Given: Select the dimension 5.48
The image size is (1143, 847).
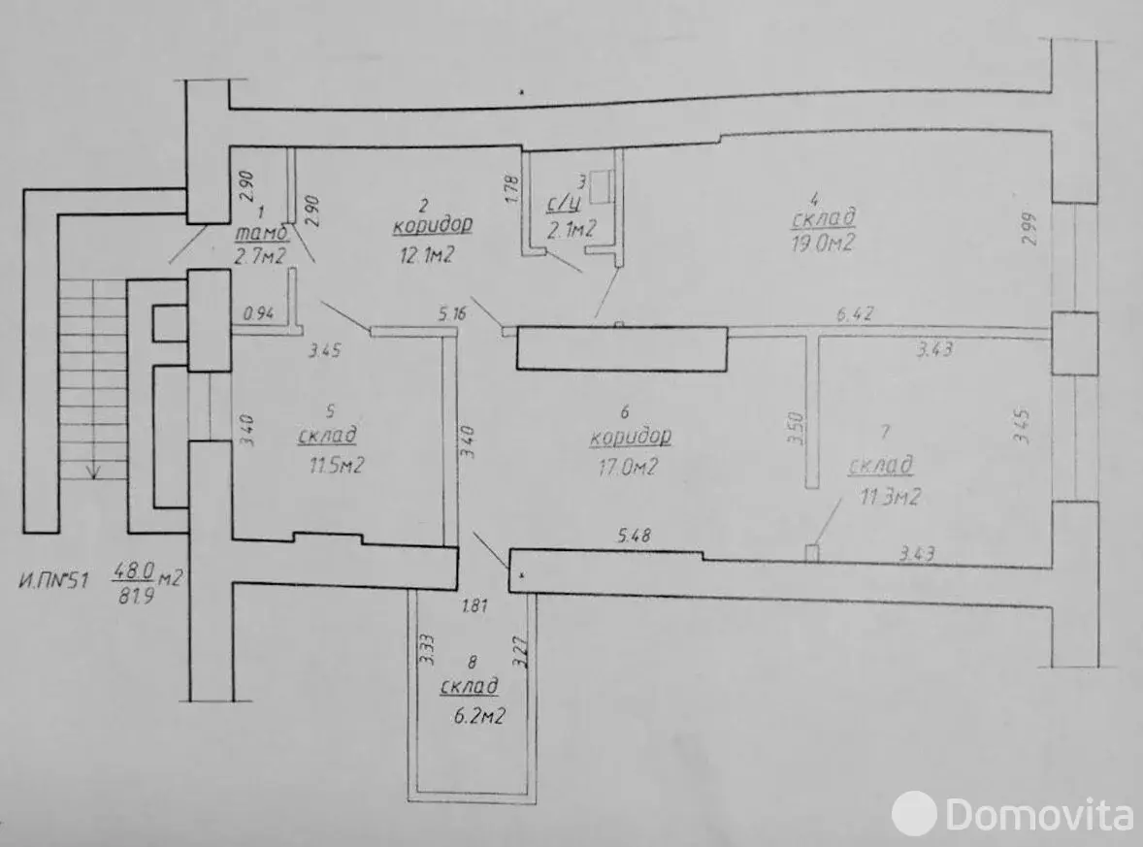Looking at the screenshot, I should point(637,534).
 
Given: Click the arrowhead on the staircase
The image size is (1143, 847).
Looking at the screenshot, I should point(93,471).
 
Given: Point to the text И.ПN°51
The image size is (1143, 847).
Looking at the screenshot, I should point(53,582).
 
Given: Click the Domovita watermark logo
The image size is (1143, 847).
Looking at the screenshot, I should point(1011,811).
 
